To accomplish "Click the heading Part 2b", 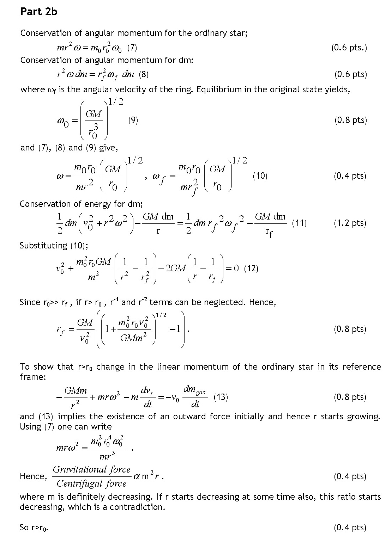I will click(39, 12).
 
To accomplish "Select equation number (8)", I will click(144, 74).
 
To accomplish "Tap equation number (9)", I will click(133, 120).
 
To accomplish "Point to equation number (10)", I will click(260, 176).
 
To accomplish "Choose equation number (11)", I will click(299, 223).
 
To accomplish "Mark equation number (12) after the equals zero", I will click(251, 269).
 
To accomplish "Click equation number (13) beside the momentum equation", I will click(221, 397).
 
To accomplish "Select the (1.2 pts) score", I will click(350, 223).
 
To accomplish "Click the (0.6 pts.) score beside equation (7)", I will click(349, 48).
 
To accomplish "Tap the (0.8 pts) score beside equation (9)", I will click(350, 120).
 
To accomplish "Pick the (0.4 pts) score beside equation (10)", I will click(350, 176).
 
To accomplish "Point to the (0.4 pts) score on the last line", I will click(350, 528).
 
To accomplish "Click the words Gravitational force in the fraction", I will click(92, 469).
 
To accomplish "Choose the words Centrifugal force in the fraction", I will click(91, 484).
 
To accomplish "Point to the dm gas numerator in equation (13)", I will click(194, 390).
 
